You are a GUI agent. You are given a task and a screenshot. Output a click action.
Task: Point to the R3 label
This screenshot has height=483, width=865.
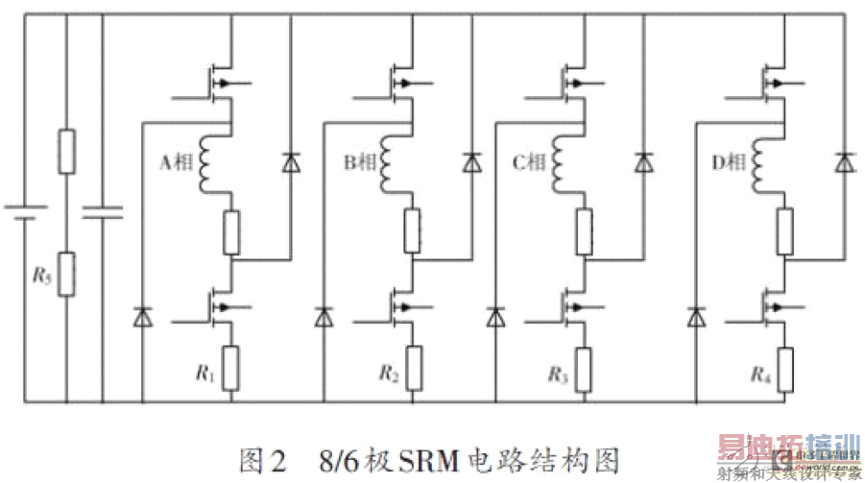click(558, 371)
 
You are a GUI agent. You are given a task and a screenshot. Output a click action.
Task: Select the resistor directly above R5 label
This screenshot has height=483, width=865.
click(66, 151)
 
